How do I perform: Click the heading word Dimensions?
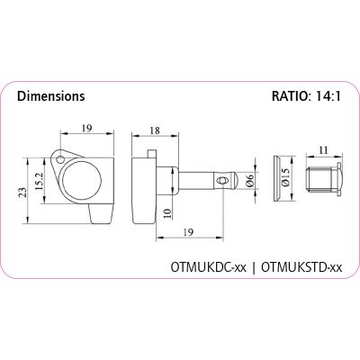(51, 96)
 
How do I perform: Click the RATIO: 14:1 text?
(306, 96)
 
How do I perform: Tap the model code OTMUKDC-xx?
(209, 267)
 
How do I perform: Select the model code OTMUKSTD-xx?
(301, 267)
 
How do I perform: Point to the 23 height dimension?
(22, 193)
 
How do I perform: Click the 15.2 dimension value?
(39, 181)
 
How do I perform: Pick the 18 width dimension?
(155, 130)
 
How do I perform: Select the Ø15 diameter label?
(285, 177)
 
